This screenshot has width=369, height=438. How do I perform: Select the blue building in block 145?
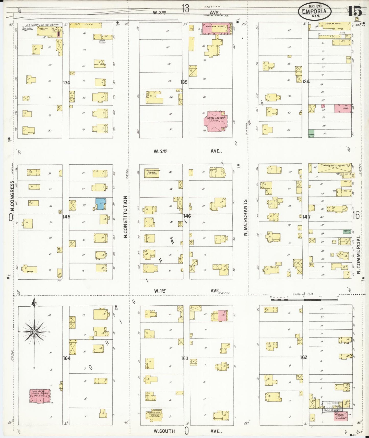[x=101, y=204]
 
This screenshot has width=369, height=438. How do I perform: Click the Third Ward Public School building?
[x=40, y=396]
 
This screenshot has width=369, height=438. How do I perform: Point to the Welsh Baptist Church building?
[x=152, y=173]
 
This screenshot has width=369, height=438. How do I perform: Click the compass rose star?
[x=34, y=332]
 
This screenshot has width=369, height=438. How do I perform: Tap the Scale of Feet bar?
[x=304, y=299]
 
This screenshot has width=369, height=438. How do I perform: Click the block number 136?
[x=66, y=83]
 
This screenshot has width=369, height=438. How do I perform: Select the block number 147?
[x=306, y=217]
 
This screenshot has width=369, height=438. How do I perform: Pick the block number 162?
[x=304, y=357]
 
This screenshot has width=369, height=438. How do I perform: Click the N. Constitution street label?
[x=125, y=217]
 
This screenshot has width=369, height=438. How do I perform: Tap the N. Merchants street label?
[x=245, y=217]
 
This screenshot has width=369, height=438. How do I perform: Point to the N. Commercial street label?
[x=359, y=254]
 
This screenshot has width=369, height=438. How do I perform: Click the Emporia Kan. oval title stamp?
[x=315, y=11]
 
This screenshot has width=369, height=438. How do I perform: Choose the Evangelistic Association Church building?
[x=154, y=414]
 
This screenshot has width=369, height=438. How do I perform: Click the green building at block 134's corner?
[x=311, y=134]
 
